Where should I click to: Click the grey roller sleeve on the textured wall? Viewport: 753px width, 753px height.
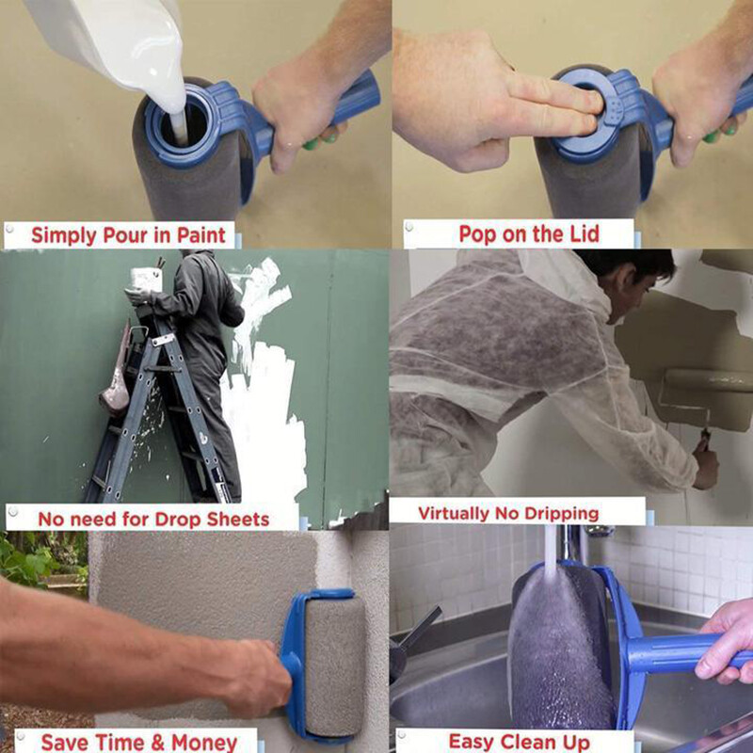click(x=334, y=664)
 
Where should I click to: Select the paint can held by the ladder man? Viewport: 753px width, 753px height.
click(x=145, y=278)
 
